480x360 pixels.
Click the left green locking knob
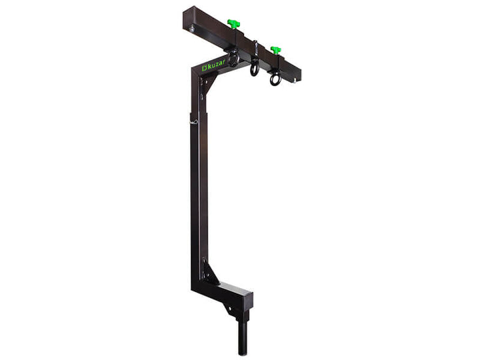point(233,24)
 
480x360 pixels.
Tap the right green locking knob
point(275,50)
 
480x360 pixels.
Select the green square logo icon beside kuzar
point(204,67)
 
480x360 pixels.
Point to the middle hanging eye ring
point(255,67)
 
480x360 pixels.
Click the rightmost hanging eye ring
point(275,79)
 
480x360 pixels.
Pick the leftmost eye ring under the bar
point(233,59)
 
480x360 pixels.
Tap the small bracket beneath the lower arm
point(231,307)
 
